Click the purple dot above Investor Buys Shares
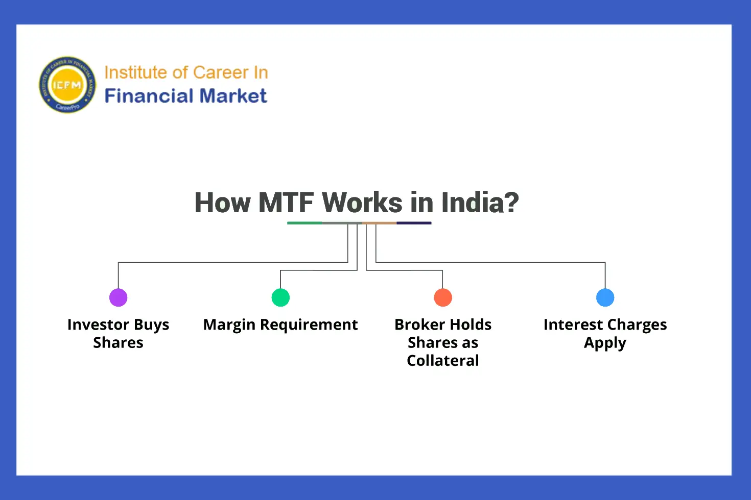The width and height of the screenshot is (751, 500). pyautogui.click(x=118, y=297)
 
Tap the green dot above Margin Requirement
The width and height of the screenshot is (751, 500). pyautogui.click(x=280, y=297)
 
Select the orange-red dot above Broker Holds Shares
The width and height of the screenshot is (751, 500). pyautogui.click(x=443, y=297)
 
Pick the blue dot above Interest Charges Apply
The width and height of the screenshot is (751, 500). pyautogui.click(x=605, y=297)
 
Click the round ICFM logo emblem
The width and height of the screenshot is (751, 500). pyautogui.click(x=67, y=85)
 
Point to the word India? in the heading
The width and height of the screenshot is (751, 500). pyautogui.click(x=480, y=203)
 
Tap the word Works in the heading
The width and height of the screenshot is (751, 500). pyautogui.click(x=362, y=203)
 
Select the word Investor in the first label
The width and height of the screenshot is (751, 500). pyautogui.click(x=98, y=324)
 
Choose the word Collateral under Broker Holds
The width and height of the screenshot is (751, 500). pyautogui.click(x=443, y=361)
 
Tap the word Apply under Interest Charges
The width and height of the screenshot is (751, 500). pyautogui.click(x=605, y=343)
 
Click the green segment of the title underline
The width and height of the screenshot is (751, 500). pyautogui.click(x=304, y=223)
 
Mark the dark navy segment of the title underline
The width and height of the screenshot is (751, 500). pyautogui.click(x=414, y=223)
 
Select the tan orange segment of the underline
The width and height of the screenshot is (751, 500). pyautogui.click(x=379, y=223)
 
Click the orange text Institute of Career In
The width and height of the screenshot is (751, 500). pyautogui.click(x=186, y=72)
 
